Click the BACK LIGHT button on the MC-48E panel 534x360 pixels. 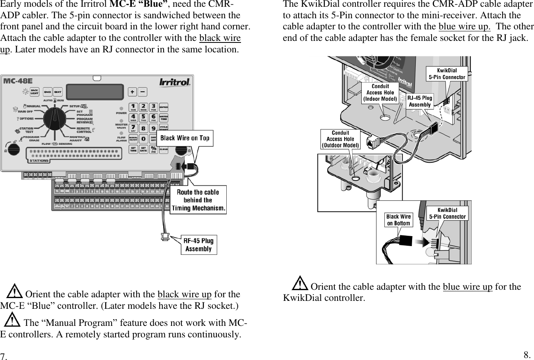pos(35,92)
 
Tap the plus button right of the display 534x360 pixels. pos(132,91)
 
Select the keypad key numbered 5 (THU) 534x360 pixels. pos(143,117)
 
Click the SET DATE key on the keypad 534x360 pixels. pos(143,149)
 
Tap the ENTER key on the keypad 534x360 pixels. pos(163,108)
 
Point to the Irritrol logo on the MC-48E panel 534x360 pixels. pos(175,82)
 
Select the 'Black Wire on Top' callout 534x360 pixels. pos(185,138)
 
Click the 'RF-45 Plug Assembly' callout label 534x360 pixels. pos(198,244)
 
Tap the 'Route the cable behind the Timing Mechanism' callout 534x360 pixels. pos(198,200)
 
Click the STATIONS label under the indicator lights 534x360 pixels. pos(39,161)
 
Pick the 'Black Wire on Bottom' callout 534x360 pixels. pos(398,219)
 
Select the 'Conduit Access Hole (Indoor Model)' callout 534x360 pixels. pos(380,92)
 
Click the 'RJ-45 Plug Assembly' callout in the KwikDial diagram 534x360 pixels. pos(420,101)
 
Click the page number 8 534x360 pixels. pos(527,354)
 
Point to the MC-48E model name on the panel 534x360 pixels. pos(18,81)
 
